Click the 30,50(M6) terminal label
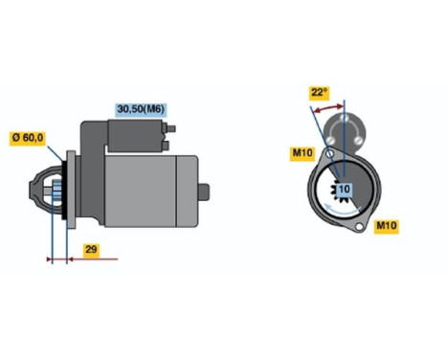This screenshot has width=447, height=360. pyautogui.click(x=140, y=109)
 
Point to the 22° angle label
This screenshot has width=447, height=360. pyautogui.click(x=319, y=93)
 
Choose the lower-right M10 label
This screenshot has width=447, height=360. pyautogui.click(x=386, y=226)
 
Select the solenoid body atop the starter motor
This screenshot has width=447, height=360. pyautogui.click(x=125, y=138)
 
